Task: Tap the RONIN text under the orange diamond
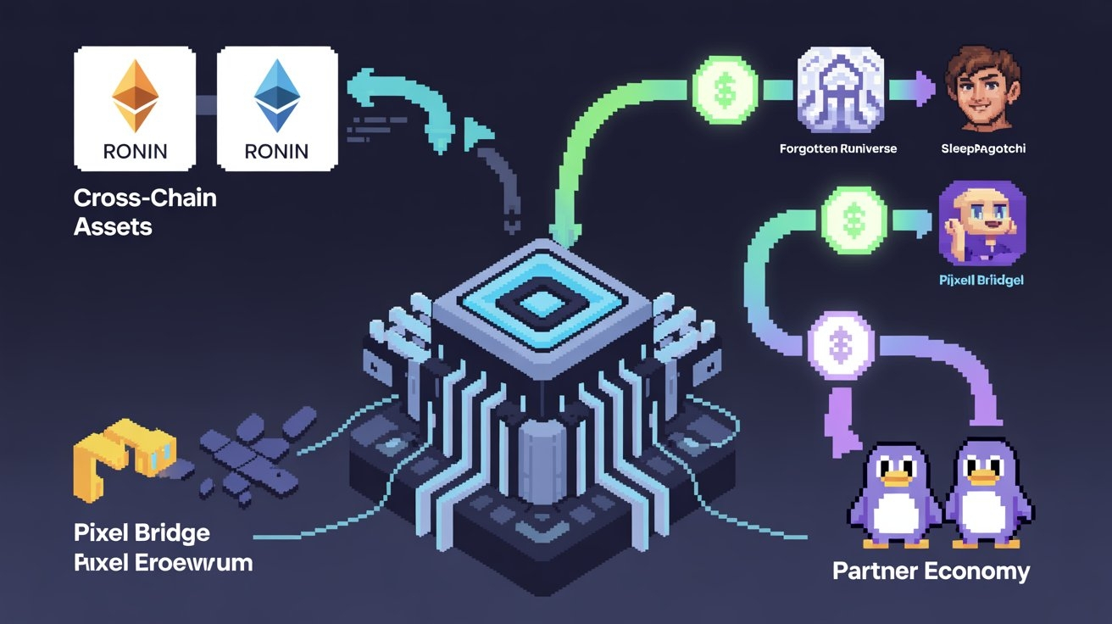point(135,152)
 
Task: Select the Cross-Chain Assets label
point(144,211)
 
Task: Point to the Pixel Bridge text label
point(142,533)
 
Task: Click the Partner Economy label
point(931,570)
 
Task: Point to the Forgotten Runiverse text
point(837,148)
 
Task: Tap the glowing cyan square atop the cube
point(533,304)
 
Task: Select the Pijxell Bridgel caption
point(981,278)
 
